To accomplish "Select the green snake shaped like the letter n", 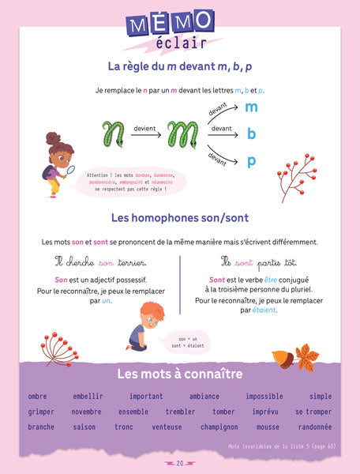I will (114, 134).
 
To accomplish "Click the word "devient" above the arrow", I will (145, 126).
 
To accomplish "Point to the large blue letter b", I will (252, 134).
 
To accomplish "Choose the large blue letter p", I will (252, 161).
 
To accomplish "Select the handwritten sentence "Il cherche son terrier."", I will (100, 261).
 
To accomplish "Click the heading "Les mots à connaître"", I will (180, 374).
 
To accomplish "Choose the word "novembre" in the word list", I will (87, 412).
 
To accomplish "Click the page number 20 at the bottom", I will (180, 463).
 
